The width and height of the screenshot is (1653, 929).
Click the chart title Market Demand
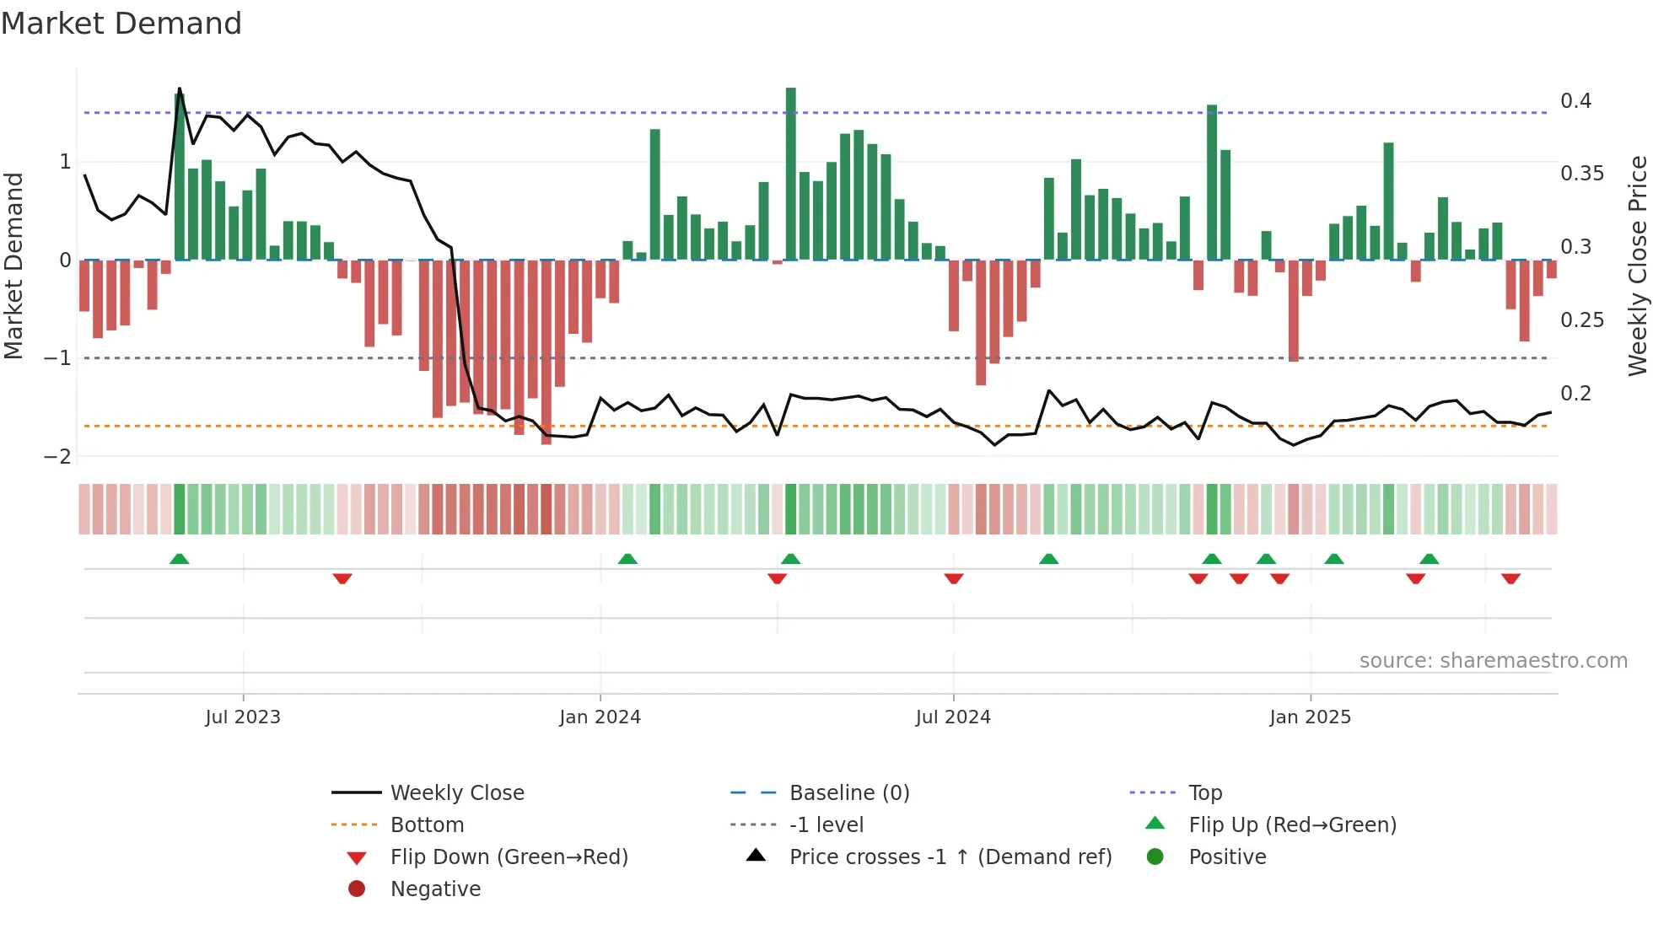pos(121,24)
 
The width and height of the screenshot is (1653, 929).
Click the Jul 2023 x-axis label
pos(243,717)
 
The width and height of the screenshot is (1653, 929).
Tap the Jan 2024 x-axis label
pos(600,717)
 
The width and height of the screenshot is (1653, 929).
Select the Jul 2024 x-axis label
pos(953,717)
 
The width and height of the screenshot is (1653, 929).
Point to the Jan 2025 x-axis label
pos(1310,717)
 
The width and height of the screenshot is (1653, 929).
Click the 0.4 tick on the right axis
pos(1575,101)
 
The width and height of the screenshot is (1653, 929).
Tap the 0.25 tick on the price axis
pos(1581,320)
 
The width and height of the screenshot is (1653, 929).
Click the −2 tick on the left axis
pos(58,457)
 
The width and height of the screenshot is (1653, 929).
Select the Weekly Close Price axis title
pos(1637,266)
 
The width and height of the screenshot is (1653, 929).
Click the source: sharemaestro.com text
pos(1493,661)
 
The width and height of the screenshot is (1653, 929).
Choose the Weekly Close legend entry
pos(456,793)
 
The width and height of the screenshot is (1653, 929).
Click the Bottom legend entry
pos(427,825)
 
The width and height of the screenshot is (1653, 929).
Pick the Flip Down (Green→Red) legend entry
pos(509,857)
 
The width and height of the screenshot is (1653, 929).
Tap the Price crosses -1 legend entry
pos(950,857)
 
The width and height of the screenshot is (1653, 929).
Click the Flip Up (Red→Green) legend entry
pos(1292,825)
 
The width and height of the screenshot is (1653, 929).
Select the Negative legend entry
pos(435,889)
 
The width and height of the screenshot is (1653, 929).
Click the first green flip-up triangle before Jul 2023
pos(179,559)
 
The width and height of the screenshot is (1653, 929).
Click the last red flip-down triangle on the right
pos(1510,578)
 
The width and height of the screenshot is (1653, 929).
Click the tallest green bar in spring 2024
pos(790,173)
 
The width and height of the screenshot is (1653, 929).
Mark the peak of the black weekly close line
pos(180,89)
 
